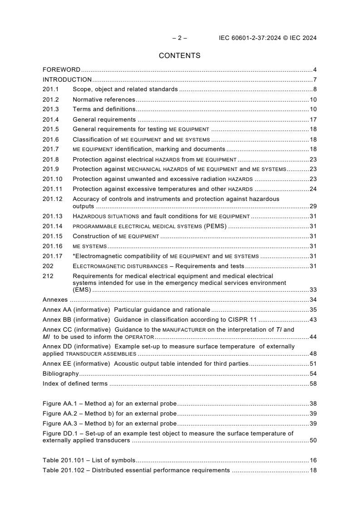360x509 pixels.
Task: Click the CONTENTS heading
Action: pos(179,56)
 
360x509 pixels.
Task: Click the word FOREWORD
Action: pos(61,70)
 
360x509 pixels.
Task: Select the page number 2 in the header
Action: pos(179,38)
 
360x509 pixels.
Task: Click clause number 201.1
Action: pos(50,89)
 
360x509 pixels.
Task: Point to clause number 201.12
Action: pos(52,199)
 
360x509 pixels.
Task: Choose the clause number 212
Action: pos(47,275)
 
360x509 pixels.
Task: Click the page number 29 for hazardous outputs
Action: pos(313,206)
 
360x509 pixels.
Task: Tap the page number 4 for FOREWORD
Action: pos(315,70)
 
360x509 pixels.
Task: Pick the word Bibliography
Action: pos(60,373)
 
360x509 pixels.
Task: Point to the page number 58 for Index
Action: pos(313,383)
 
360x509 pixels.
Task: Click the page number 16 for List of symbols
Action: pos(313,460)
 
